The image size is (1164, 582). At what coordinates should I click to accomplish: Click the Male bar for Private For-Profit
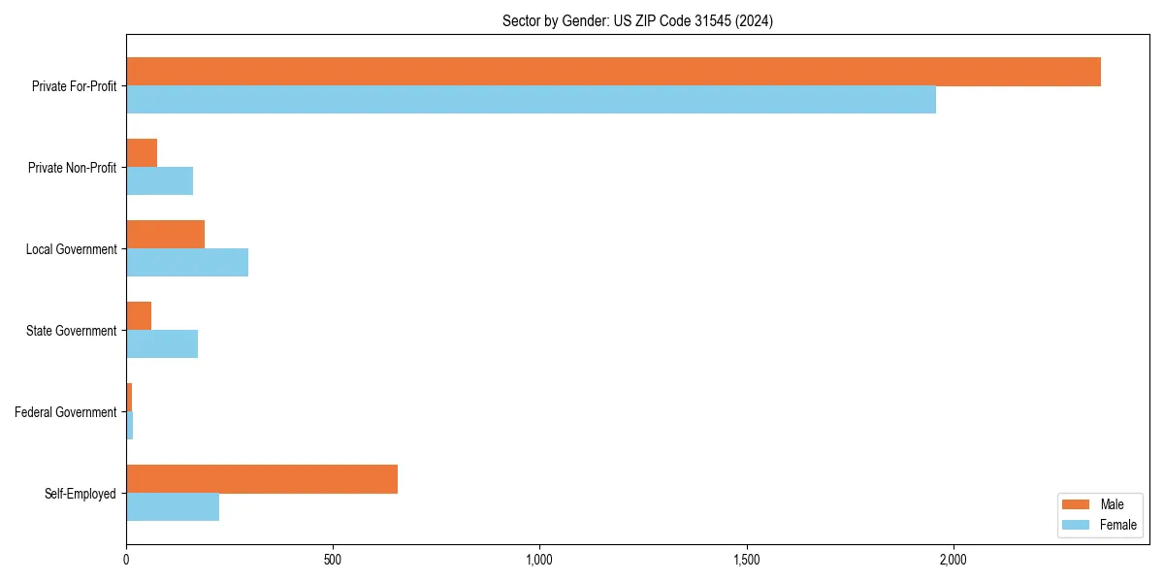(x=613, y=72)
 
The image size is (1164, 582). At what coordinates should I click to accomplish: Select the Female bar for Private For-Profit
(x=531, y=100)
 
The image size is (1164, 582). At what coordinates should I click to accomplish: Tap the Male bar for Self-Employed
(x=262, y=479)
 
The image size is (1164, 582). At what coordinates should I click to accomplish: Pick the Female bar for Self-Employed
(x=173, y=507)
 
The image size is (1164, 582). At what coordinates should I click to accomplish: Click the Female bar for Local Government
(x=187, y=263)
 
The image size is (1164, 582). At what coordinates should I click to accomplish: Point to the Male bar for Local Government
(x=165, y=235)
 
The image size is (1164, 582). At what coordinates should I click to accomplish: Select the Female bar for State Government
(x=162, y=344)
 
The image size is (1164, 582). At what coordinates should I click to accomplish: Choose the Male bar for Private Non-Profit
(x=142, y=153)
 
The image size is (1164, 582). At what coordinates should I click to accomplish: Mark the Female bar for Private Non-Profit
(x=159, y=181)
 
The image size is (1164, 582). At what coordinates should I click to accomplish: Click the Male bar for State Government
(x=139, y=316)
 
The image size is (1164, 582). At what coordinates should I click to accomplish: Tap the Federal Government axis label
(x=65, y=412)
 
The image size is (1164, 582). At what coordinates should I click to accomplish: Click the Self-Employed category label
(x=80, y=494)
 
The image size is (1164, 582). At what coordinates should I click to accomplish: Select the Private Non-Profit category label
(x=72, y=168)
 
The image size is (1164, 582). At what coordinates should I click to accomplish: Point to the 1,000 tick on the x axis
(x=539, y=560)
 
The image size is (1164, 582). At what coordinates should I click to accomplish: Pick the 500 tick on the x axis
(x=333, y=560)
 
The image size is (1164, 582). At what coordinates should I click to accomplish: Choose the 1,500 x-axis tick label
(x=747, y=560)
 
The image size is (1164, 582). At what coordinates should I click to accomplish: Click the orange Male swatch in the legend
(x=1077, y=504)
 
